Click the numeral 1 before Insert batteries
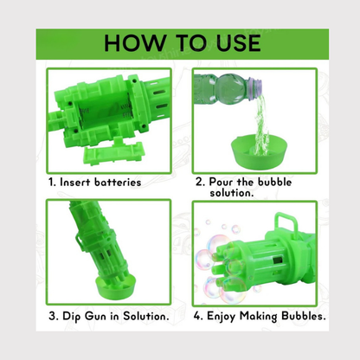coord(51,182)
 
